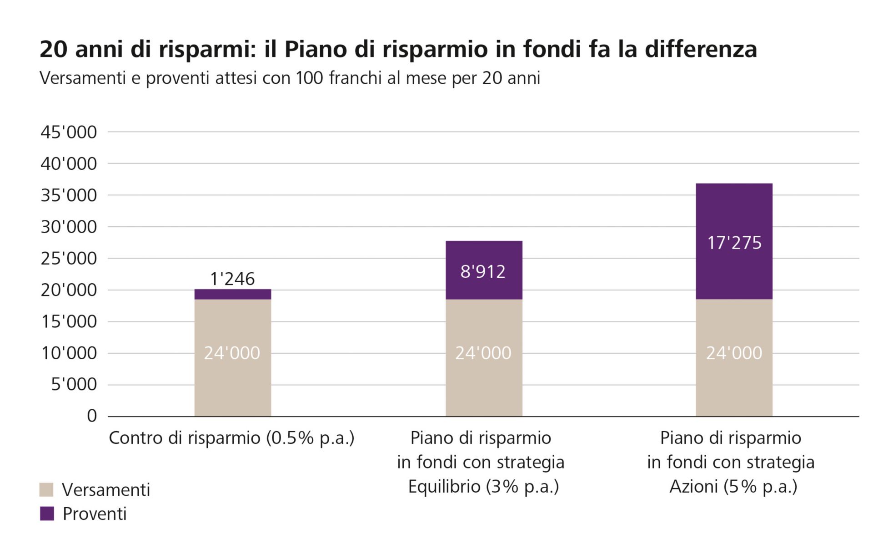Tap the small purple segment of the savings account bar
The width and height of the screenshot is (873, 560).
[233, 294]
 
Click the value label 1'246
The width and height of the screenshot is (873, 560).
[232, 279]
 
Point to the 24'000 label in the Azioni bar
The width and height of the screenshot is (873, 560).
[734, 353]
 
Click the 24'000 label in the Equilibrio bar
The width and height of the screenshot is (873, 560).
[483, 353]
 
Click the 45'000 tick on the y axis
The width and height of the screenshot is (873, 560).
[69, 132]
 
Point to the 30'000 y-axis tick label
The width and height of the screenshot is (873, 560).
[69, 227]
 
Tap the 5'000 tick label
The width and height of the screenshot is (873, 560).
[74, 385]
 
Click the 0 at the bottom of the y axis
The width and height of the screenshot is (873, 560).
[92, 416]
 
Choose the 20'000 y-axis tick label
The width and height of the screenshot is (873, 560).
[69, 290]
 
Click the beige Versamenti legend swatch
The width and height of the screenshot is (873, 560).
[47, 490]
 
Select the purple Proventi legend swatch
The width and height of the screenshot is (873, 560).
[47, 514]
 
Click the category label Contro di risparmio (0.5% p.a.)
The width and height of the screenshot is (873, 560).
[231, 438]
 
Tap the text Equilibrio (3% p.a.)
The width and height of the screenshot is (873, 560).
[483, 487]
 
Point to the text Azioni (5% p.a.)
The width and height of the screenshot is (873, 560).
[733, 487]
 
